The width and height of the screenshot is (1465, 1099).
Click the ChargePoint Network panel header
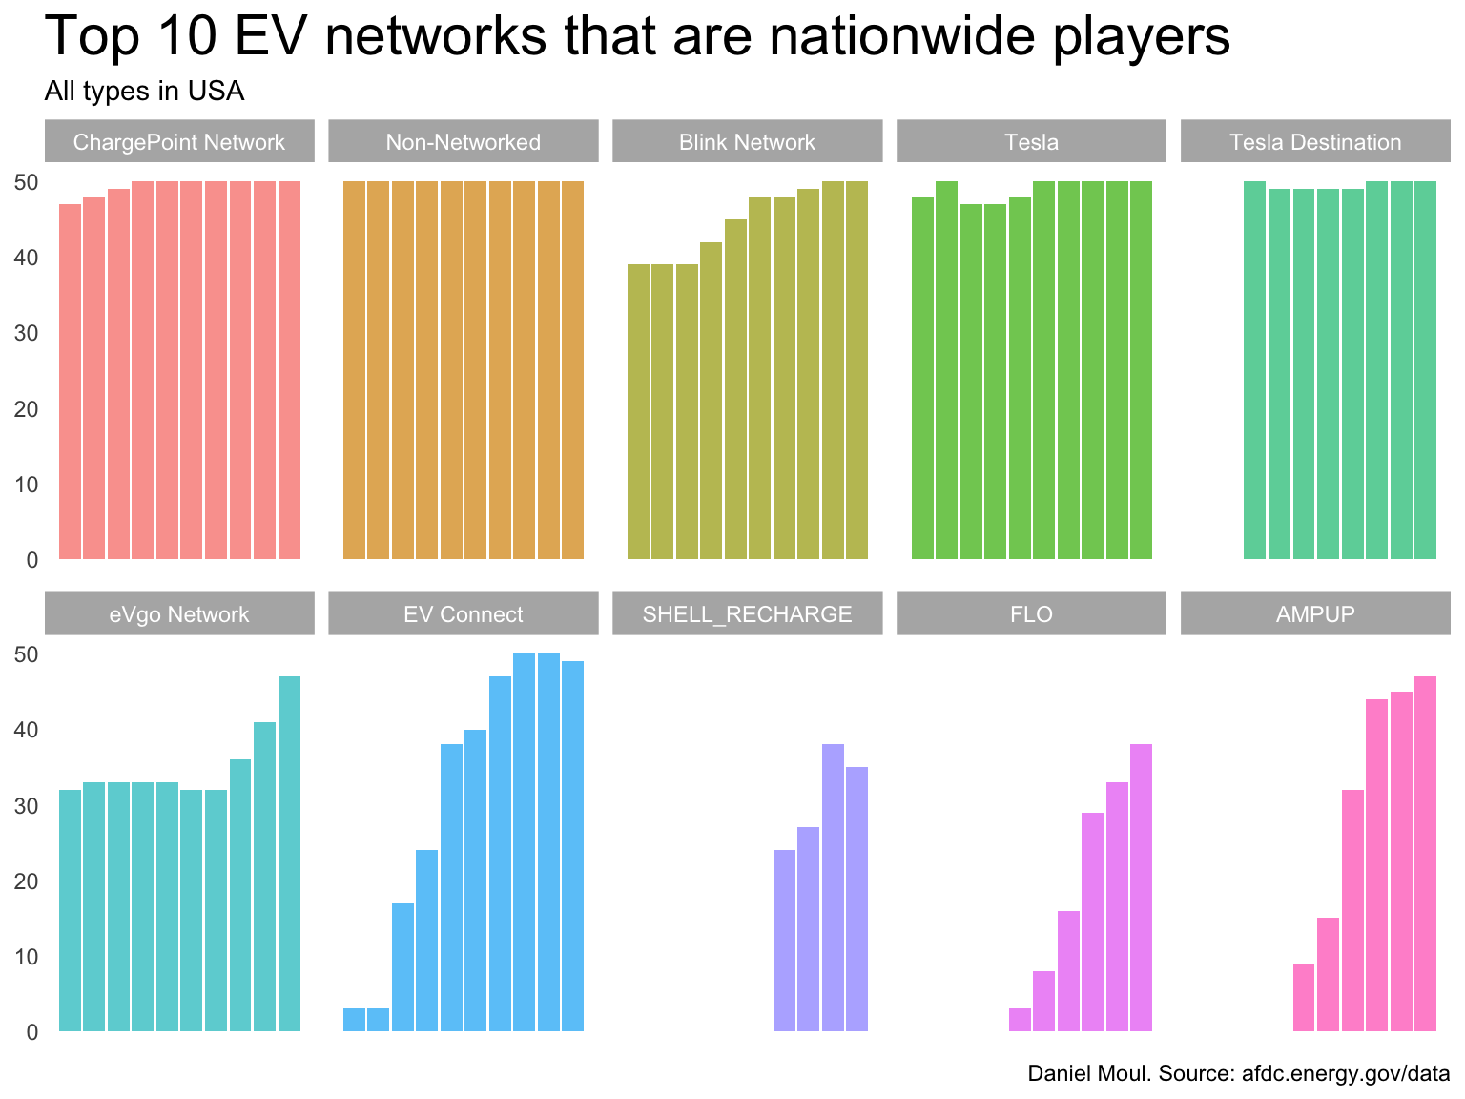pyautogui.click(x=179, y=142)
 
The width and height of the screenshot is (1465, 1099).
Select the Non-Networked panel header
pyautogui.click(x=463, y=142)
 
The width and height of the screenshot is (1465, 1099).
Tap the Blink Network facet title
pyautogui.click(x=747, y=142)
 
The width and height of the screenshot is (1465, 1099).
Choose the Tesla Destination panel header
pyautogui.click(x=1315, y=142)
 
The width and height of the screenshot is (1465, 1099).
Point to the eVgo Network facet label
pyautogui.click(x=179, y=614)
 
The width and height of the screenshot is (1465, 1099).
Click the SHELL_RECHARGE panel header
pyautogui.click(x=747, y=614)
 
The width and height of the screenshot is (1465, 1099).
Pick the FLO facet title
pyautogui.click(x=1031, y=614)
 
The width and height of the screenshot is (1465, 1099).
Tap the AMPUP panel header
pyautogui.click(x=1315, y=614)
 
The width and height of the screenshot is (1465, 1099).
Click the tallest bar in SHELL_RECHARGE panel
pyautogui.click(x=833, y=887)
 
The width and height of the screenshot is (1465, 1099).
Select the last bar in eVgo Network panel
pyautogui.click(x=289, y=854)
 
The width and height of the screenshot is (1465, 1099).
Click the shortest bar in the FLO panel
pyautogui.click(x=1020, y=1020)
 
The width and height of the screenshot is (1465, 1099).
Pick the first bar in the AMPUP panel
pyautogui.click(x=1304, y=997)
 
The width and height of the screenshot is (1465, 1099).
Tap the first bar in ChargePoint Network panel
pyautogui.click(x=71, y=382)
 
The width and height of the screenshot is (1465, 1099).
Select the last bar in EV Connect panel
pyautogui.click(x=572, y=846)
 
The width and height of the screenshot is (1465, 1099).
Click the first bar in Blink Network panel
pyautogui.click(x=638, y=411)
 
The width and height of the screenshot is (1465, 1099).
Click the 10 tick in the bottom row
pyautogui.click(x=26, y=957)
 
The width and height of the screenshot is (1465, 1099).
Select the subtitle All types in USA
pyautogui.click(x=144, y=92)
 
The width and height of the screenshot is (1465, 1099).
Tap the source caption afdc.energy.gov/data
pyautogui.click(x=1346, y=1074)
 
